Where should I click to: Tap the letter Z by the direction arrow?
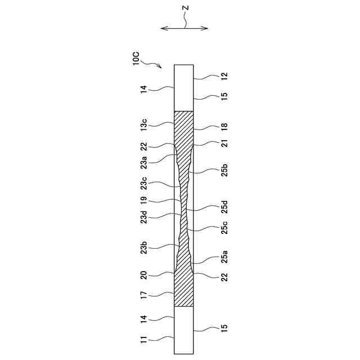coord(185,9)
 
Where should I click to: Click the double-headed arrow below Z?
coord(184,28)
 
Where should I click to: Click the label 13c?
coord(144,125)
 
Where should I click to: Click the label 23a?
coord(144,163)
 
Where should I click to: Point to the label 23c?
coord(144,184)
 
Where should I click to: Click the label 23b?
coord(144,247)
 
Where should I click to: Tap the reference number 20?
coord(144,275)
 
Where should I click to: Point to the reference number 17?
coord(144,294)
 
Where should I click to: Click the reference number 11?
coord(144,339)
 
